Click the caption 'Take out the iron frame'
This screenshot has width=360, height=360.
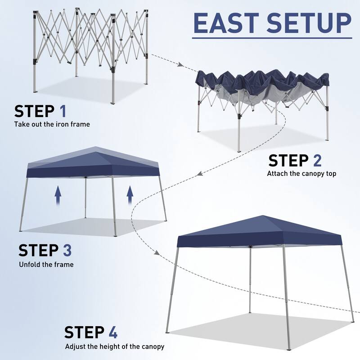click(x=52, y=124)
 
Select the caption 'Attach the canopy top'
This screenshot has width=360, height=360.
click(x=301, y=173)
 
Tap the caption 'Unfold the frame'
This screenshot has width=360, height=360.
click(x=46, y=265)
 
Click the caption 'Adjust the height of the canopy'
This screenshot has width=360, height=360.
click(x=115, y=346)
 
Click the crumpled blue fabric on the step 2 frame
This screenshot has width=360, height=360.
click(x=261, y=83)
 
